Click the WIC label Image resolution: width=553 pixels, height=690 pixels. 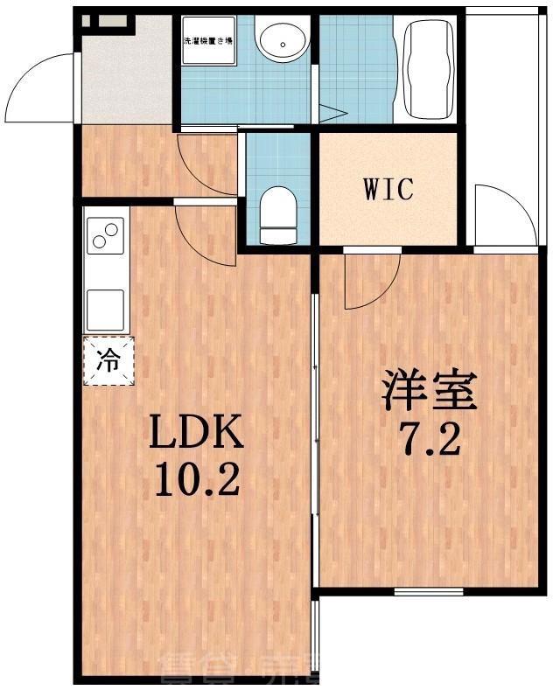(388, 189)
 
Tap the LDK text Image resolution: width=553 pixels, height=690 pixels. (194, 432)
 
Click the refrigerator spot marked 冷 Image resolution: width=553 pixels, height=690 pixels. (108, 360)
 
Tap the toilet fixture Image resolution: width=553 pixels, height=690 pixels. (278, 213)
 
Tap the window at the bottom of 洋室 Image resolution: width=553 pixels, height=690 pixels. (428, 592)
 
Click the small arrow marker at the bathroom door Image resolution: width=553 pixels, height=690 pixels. (331, 113)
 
